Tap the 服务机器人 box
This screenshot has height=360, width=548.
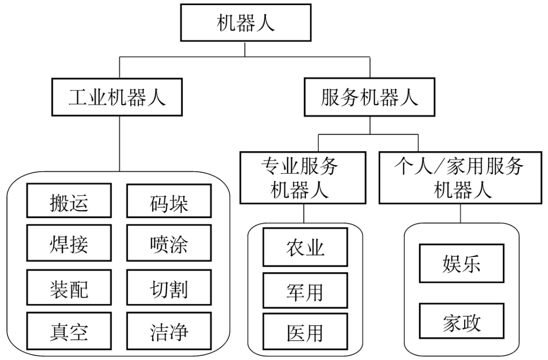pos(369,96)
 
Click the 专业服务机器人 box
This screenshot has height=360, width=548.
pos(304,177)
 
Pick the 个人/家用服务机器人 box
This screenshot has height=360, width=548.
pos(460,177)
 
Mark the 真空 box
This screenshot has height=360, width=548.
pos(68,333)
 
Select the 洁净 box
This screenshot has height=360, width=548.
pos(169,333)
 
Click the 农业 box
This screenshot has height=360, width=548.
pos(305,247)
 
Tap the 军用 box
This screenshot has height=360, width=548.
pos(305,291)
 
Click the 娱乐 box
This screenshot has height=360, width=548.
pos(461,264)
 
